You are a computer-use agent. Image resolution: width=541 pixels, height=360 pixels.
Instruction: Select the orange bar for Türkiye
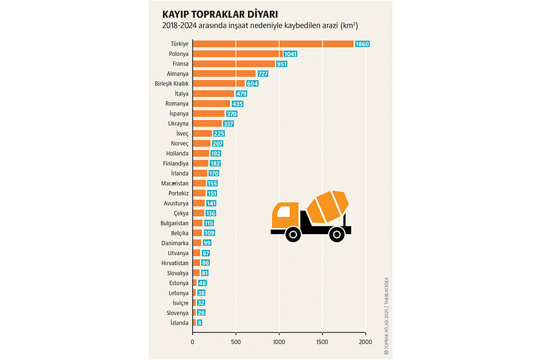[273, 43]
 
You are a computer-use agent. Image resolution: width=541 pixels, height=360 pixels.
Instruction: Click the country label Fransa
[177, 64]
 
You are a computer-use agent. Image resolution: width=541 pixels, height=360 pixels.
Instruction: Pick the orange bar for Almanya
[224, 74]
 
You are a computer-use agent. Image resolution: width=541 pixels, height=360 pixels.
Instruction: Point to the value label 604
[252, 84]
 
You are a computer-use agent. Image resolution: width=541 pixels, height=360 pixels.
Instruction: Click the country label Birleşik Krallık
[171, 84]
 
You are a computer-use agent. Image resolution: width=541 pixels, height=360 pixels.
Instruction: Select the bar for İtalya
[213, 94]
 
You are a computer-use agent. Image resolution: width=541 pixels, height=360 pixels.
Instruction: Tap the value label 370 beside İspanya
[231, 114]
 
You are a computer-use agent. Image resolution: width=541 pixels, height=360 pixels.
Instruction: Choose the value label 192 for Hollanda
[216, 154]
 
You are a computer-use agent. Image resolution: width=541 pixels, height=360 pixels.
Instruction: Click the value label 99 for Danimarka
[207, 243]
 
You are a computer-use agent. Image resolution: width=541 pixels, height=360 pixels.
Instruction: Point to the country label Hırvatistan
[174, 263]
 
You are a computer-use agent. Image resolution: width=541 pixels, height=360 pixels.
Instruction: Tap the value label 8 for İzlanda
[200, 323]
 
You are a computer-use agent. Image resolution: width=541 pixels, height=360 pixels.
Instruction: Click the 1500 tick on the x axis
[322, 342]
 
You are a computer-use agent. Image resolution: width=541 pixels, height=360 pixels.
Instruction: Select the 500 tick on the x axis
[236, 342]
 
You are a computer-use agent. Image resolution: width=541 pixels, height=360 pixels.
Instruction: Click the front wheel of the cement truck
[293, 234]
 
